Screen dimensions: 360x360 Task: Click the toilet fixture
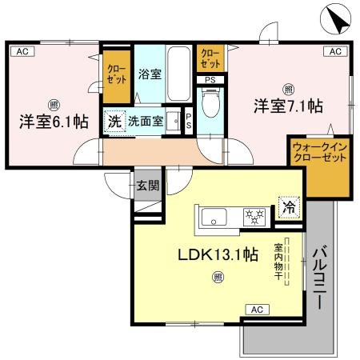[x=210, y=105]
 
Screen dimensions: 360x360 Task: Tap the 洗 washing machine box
[x=114, y=124]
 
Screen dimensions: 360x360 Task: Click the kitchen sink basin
[x=215, y=216]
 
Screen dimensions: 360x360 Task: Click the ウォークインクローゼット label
[x=318, y=154]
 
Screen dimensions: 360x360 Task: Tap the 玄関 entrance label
[x=146, y=185]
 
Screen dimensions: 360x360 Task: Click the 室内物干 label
[x=279, y=262]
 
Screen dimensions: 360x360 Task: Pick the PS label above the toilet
[x=210, y=79]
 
